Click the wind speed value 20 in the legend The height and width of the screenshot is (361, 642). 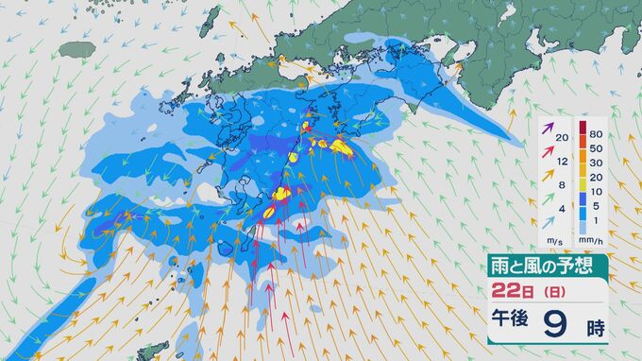tap(563, 139)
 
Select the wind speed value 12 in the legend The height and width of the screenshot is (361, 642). tap(563, 163)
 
